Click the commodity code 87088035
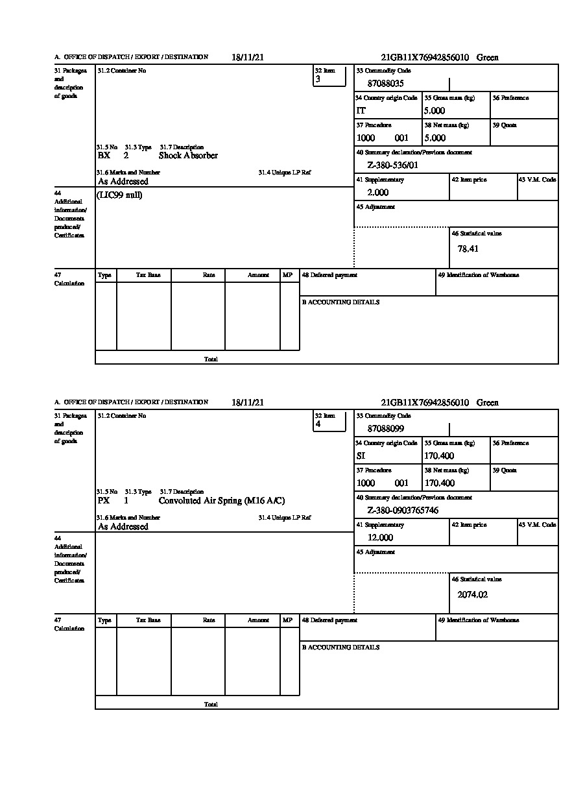coord(385,84)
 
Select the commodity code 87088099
coord(385,429)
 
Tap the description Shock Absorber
coord(188,156)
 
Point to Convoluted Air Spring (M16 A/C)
coord(222,501)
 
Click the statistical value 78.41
coord(468,248)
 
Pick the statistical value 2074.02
coord(472,594)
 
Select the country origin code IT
coord(361,111)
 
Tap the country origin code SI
coord(361,456)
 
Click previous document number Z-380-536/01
coord(392,165)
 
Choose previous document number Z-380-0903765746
coord(402,511)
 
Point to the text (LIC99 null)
coord(119,195)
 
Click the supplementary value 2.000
coord(377,193)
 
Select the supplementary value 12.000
coord(380,538)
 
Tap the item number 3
coord(318,80)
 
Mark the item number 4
coord(318,425)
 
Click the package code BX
coord(104,156)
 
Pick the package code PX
coord(104,501)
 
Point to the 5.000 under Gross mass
coord(435,111)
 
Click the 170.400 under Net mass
coord(439,483)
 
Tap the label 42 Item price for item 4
coord(469,525)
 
